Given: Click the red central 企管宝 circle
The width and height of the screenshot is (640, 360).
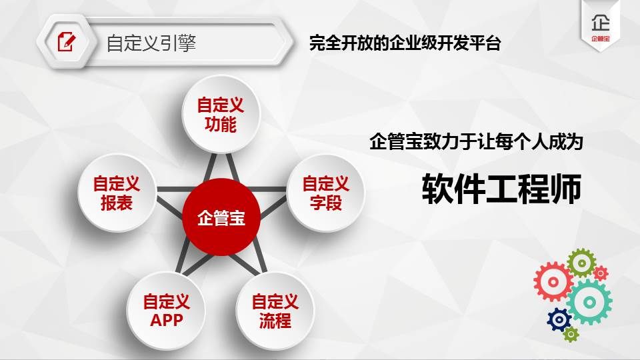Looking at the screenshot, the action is [221, 217].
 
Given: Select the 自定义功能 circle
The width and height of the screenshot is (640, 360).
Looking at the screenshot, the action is [221, 114].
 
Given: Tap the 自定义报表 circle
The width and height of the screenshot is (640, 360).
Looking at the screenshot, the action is [117, 193].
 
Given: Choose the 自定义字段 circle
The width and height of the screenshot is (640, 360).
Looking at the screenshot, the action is [325, 193].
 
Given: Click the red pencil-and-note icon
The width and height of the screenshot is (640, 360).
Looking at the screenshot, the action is [67, 41].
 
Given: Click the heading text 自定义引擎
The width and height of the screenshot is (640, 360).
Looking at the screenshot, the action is [151, 43].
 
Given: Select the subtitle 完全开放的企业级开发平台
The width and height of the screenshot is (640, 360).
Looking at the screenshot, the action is [405, 43].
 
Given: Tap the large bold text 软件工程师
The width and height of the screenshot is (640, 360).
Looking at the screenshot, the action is [501, 189].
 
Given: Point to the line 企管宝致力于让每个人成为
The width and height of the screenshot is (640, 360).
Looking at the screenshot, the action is [476, 141].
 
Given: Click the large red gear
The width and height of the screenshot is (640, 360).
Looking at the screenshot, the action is [553, 281].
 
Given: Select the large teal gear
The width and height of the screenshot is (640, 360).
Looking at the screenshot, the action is [589, 302].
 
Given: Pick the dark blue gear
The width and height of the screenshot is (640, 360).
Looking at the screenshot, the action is [559, 319].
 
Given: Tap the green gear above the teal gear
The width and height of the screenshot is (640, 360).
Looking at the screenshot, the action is [581, 263].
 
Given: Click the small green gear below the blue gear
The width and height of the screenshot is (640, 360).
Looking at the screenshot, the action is [571, 334].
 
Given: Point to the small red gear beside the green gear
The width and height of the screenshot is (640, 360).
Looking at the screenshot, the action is [601, 273].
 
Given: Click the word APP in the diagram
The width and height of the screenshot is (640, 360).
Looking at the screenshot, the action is [166, 320].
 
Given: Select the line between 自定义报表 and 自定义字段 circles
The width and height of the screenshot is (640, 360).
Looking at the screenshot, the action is [221, 189].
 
